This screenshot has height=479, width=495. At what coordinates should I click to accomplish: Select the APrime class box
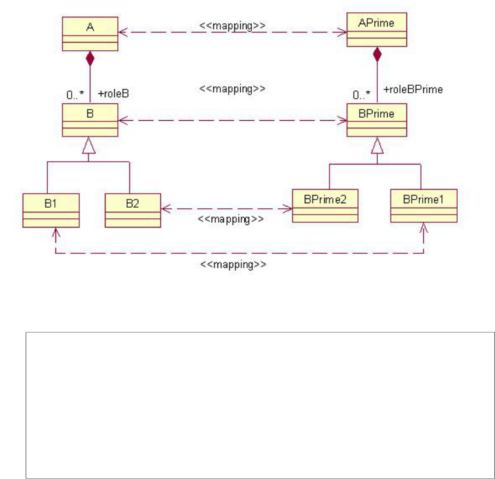[377, 30]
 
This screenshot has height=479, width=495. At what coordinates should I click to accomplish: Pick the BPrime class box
[377, 120]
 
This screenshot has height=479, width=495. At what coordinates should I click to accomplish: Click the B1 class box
[51, 209]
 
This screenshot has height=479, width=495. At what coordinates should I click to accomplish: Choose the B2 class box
[132, 209]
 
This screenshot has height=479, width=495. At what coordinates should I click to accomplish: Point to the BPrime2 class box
[325, 205]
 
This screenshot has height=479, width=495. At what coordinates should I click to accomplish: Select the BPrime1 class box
[424, 205]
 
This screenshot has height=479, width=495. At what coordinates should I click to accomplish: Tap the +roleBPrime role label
[413, 90]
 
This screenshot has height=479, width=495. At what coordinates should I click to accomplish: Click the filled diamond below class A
[90, 58]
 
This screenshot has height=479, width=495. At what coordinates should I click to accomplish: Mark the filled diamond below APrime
[377, 54]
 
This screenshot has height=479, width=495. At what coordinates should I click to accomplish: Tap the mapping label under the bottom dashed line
[233, 264]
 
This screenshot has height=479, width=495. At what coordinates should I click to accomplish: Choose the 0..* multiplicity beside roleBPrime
[360, 93]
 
